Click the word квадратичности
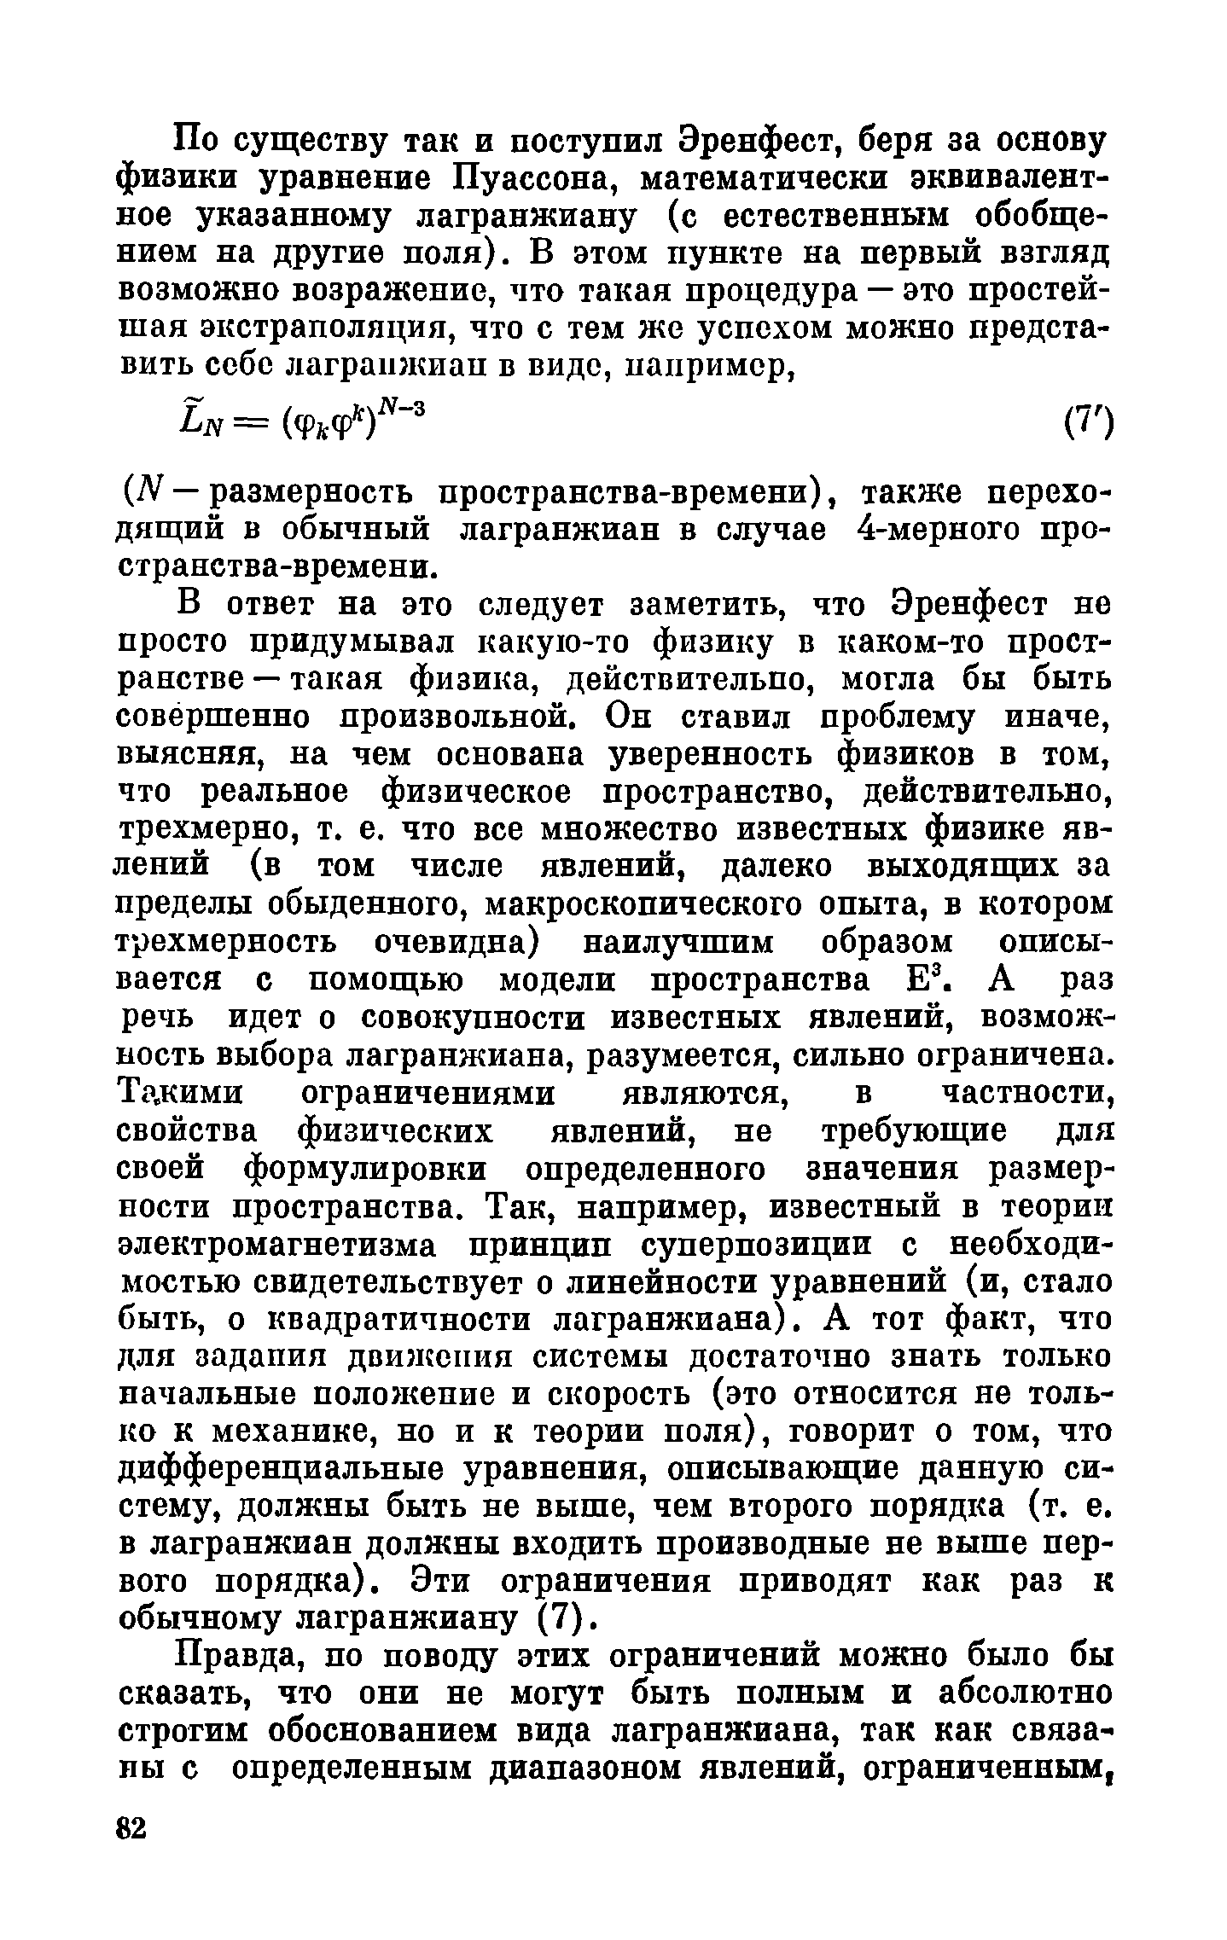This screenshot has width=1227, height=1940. point(396,1320)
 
